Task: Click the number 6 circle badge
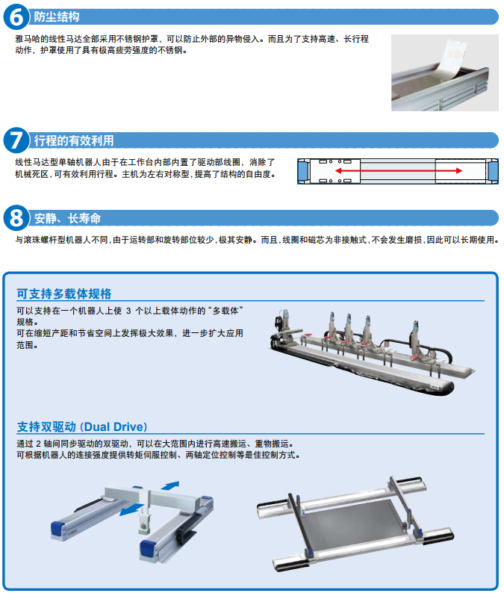(16, 16)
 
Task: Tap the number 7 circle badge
(16, 140)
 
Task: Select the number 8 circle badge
(16, 218)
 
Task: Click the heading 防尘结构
(57, 17)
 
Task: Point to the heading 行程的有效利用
(74, 140)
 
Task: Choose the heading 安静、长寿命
(67, 218)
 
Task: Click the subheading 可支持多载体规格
(64, 294)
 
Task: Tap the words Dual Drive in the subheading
(113, 427)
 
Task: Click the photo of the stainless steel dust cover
(445, 72)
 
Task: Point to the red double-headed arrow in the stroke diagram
(399, 171)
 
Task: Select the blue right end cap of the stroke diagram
(494, 171)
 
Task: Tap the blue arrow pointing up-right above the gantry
(170, 485)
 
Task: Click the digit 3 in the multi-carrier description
(128, 311)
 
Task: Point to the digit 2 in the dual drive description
(38, 444)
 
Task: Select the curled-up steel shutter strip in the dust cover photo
(452, 57)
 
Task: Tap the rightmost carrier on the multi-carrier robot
(416, 340)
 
